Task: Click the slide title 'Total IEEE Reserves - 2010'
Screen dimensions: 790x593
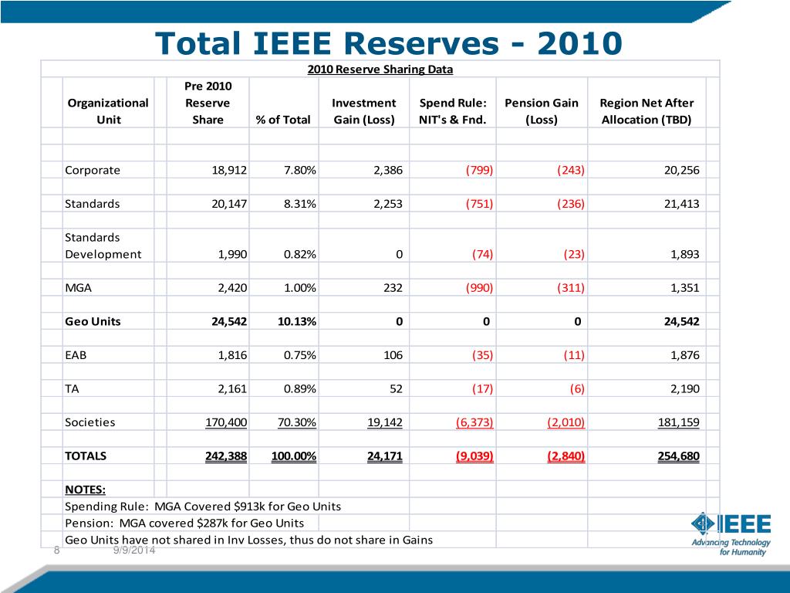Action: coord(389,43)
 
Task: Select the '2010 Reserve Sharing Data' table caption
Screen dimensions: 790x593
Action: coord(380,69)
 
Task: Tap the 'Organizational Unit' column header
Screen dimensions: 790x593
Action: coord(108,111)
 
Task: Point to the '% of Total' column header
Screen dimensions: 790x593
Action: coord(283,120)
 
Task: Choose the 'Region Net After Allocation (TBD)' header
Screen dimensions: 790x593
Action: coord(647,111)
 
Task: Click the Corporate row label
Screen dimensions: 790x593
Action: coord(93,170)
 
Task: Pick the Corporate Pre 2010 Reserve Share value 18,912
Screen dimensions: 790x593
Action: coord(229,170)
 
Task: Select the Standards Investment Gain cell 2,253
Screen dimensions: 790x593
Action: coord(388,204)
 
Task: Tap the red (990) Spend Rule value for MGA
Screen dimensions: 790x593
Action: coord(479,288)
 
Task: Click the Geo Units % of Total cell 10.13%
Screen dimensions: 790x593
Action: coord(297,321)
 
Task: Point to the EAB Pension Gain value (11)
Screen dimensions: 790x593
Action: coord(574,355)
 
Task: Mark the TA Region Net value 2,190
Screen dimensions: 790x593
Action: coord(685,389)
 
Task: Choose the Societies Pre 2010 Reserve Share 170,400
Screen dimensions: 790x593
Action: coord(226,422)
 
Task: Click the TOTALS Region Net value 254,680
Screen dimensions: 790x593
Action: coord(679,456)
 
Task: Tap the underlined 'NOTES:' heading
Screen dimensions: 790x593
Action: coord(85,490)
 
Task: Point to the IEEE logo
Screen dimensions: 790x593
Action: coord(731,534)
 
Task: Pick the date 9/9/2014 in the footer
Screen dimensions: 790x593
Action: coord(134,550)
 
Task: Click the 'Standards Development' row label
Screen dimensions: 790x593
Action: coord(103,246)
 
